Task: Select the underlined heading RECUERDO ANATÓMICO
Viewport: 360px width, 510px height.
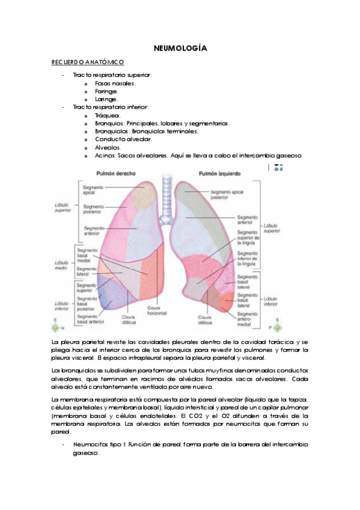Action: [x=88, y=62]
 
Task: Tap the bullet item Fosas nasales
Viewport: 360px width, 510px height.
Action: [x=115, y=83]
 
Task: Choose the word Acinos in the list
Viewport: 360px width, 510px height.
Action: [x=105, y=155]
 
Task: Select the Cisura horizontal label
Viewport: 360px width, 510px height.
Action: [x=157, y=311]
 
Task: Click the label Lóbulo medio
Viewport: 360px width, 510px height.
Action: [x=61, y=266]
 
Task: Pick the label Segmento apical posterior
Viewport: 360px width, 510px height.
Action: [x=227, y=194]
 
